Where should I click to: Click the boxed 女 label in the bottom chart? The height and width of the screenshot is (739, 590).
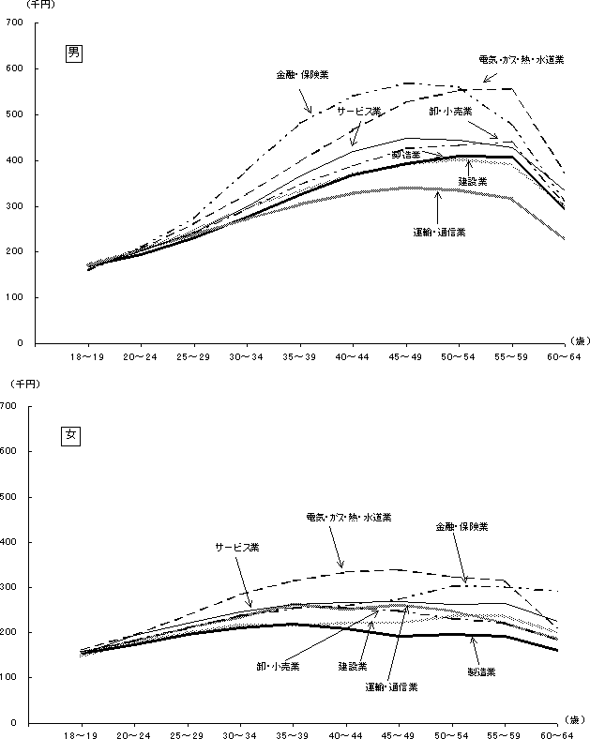pyautogui.click(x=70, y=435)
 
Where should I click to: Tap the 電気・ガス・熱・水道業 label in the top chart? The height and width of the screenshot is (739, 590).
pyautogui.click(x=521, y=60)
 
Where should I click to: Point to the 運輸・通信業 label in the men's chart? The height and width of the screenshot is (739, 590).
pyautogui.click(x=439, y=232)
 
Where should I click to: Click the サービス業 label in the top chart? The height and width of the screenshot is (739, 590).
pyautogui.click(x=359, y=111)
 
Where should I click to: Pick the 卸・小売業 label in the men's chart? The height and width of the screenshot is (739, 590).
pyautogui.click(x=451, y=110)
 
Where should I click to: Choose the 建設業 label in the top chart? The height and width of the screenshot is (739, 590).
pyautogui.click(x=472, y=180)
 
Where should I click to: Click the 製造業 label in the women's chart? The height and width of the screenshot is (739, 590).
pyautogui.click(x=482, y=672)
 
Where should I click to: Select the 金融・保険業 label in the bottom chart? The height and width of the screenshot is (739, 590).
pyautogui.click(x=461, y=527)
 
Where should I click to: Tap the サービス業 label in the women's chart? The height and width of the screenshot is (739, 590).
pyautogui.click(x=235, y=546)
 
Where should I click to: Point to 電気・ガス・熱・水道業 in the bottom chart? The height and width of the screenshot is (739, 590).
pyautogui.click(x=349, y=517)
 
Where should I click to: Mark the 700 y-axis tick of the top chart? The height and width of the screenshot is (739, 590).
pyautogui.click(x=15, y=23)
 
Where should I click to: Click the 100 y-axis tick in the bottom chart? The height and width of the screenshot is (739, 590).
pyautogui.click(x=11, y=677)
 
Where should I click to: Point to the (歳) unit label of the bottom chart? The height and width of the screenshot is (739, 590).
pyautogui.click(x=575, y=719)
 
